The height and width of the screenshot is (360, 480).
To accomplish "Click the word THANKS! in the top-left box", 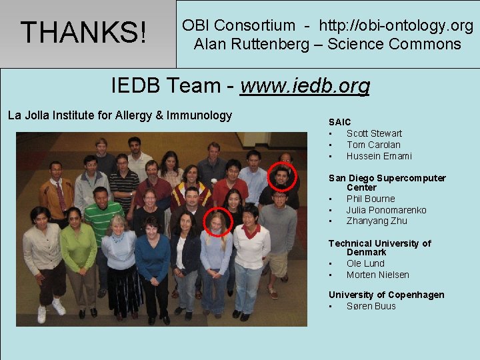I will click(x=84, y=32).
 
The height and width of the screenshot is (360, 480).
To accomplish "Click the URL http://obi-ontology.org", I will click(x=396, y=26).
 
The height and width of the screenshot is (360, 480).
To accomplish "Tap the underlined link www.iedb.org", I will click(x=305, y=86).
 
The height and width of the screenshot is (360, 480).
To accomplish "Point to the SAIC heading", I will click(x=339, y=122).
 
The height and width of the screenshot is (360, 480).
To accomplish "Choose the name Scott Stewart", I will click(x=374, y=133).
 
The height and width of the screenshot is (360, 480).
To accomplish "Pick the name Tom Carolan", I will click(x=373, y=145).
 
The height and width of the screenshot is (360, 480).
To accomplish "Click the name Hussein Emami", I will click(x=379, y=156).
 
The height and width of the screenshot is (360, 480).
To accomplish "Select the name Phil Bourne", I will click(x=371, y=199).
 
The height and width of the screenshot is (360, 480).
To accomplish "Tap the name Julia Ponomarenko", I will click(x=386, y=210).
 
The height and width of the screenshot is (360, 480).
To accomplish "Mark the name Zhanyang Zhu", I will click(x=377, y=221).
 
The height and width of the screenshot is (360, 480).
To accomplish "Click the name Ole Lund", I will click(x=365, y=263).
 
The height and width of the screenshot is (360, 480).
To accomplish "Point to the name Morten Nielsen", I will click(x=377, y=275).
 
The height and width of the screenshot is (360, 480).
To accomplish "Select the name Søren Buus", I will click(x=371, y=306).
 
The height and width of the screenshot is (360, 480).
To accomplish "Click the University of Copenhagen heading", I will click(x=386, y=295).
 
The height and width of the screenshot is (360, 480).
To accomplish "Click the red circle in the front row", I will click(x=217, y=222).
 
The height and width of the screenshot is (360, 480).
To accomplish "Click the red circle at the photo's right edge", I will click(x=282, y=177).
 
